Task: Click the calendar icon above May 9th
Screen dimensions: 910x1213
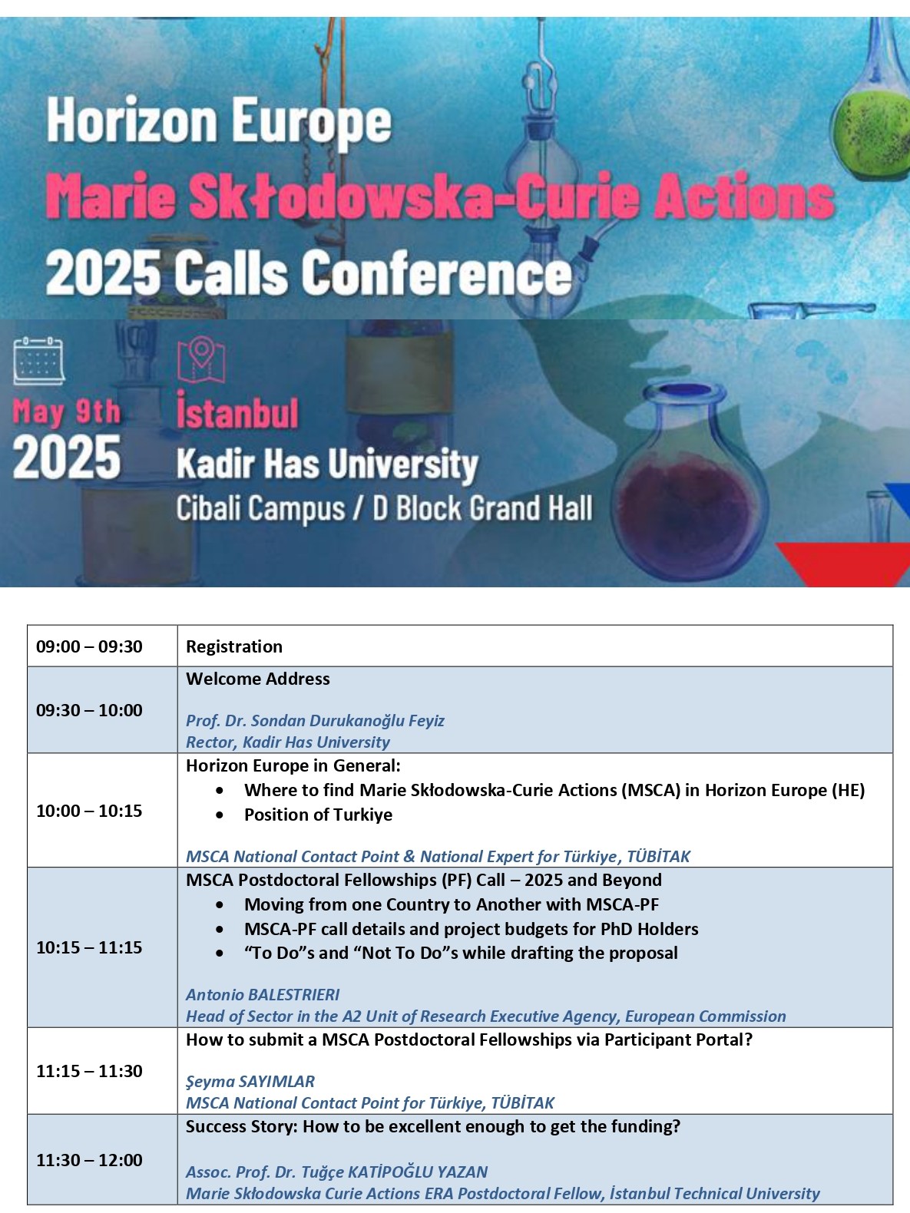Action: pos(38,360)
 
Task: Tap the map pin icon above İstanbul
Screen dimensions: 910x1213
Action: pos(201,359)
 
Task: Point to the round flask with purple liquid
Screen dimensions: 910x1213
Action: pos(690,485)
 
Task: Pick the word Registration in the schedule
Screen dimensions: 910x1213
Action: pos(234,646)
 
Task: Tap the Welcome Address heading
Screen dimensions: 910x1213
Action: pos(258,678)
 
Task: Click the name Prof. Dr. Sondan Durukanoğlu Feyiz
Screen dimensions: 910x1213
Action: pos(315,720)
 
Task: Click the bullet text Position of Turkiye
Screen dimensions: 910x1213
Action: pos(318,814)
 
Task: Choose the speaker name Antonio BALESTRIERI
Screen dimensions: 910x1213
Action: pos(263,994)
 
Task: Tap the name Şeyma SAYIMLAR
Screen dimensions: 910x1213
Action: pos(250,1081)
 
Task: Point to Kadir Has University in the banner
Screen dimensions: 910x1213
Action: pos(327,464)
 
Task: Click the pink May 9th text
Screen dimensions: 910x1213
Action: pos(66,412)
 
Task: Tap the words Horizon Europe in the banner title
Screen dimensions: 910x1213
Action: pos(219,121)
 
